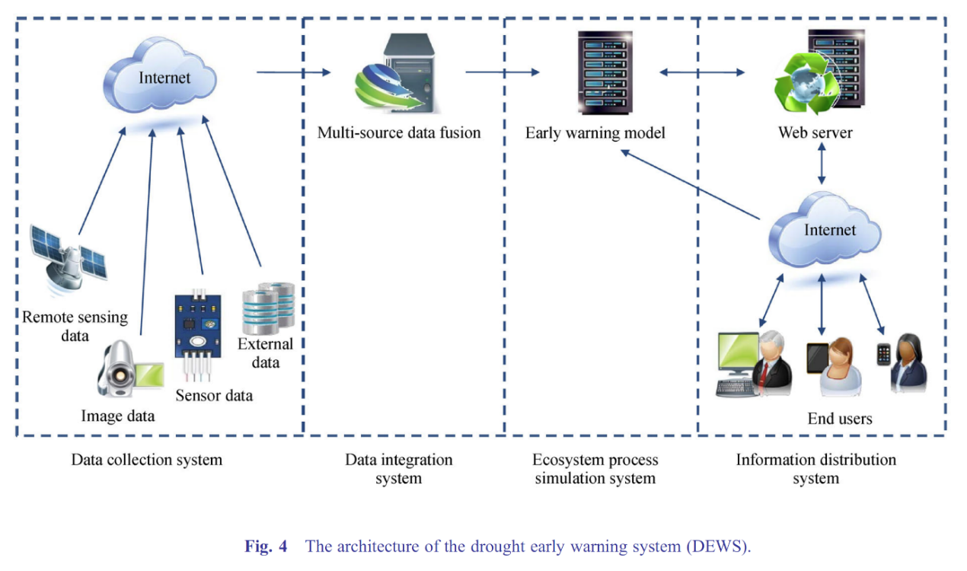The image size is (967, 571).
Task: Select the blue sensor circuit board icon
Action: [199, 327]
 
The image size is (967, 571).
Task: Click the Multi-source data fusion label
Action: [399, 133]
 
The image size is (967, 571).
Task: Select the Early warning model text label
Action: [595, 133]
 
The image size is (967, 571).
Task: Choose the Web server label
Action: [815, 133]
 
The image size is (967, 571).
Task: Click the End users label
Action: [839, 419]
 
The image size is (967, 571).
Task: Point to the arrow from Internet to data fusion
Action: [294, 72]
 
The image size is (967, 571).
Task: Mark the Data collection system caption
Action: [147, 460]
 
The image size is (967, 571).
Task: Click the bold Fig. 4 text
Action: [266, 547]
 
